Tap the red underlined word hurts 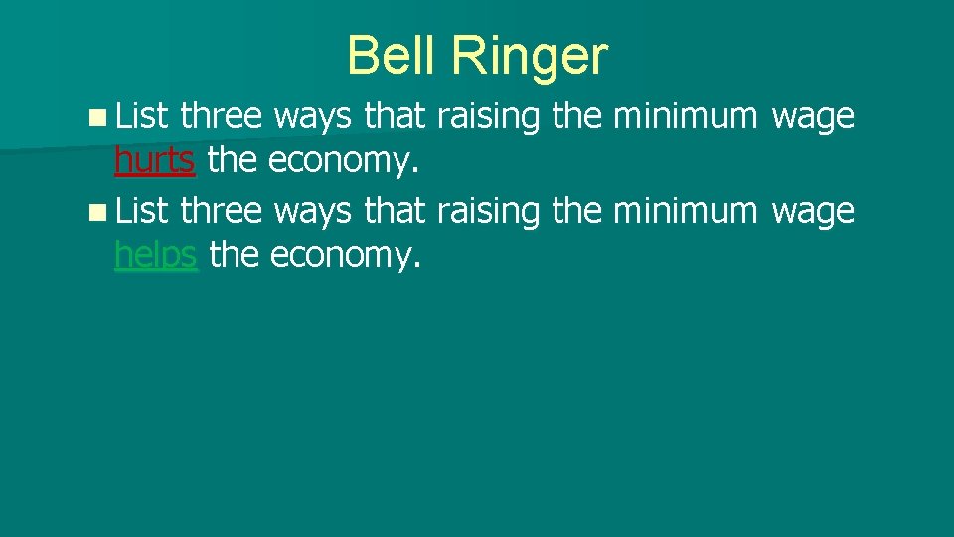click(x=154, y=161)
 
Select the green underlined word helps click(x=157, y=256)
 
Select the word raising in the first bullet click(x=490, y=118)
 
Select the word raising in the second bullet click(x=490, y=212)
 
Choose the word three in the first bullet click(x=222, y=116)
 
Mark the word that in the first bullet click(x=396, y=116)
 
